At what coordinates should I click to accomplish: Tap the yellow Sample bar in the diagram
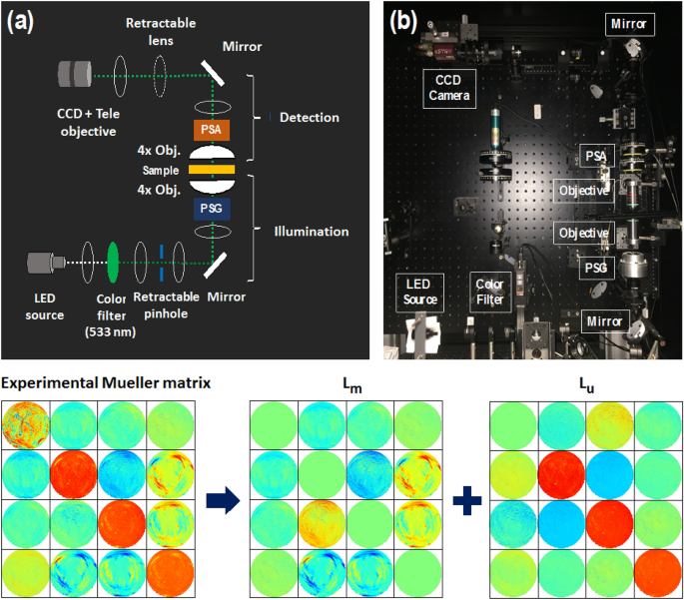[215, 170]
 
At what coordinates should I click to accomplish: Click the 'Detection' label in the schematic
[309, 118]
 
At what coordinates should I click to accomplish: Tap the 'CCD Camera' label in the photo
[448, 87]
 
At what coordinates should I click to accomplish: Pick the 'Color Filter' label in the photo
[489, 291]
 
